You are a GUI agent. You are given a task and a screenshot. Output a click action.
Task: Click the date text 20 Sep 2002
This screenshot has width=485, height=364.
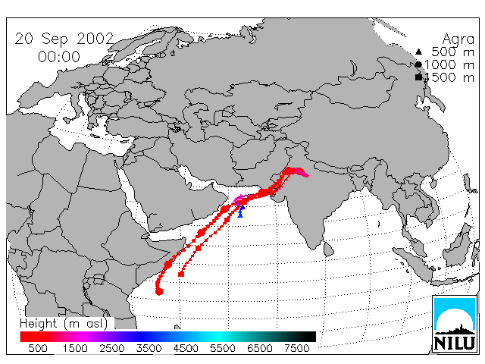point(64,39)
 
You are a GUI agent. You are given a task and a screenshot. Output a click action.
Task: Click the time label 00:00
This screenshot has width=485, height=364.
point(59,57)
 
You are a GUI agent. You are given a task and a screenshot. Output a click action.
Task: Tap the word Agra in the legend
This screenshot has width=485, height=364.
point(458,39)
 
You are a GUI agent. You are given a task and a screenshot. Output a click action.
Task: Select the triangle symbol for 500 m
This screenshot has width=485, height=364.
point(418,52)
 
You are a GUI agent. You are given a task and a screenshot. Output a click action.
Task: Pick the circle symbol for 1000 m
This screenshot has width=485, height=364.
point(418,64)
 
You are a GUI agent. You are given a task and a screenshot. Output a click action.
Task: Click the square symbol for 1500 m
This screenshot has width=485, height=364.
point(418,77)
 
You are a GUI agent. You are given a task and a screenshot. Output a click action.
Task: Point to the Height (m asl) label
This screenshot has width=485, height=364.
point(64,324)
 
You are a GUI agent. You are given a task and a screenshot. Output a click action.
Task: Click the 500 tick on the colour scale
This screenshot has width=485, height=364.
point(38,348)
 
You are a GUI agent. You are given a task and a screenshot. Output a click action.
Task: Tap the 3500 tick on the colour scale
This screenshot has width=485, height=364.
point(149,348)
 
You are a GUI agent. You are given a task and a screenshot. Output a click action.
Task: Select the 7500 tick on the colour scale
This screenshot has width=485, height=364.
point(296,348)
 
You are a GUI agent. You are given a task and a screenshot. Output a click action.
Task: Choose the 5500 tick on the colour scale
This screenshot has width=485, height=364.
point(223,348)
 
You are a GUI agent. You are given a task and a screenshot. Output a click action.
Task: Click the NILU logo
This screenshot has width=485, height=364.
point(455,325)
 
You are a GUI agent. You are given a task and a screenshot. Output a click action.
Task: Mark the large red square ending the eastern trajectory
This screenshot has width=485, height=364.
point(181,274)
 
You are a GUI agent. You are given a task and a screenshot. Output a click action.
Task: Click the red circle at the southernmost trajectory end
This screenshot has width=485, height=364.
point(159,291)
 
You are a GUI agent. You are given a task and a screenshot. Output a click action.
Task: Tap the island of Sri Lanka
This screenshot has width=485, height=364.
point(328,249)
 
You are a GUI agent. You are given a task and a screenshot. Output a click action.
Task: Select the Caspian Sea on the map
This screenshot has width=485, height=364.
point(196,118)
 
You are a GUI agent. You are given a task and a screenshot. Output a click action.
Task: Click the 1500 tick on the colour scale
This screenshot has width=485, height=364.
point(75,348)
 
